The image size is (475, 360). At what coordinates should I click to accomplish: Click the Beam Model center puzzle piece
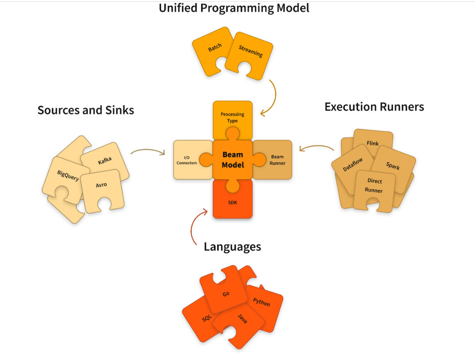click(x=233, y=160)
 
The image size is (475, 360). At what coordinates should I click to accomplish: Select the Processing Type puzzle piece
click(x=232, y=117)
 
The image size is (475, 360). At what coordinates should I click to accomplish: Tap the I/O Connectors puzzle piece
click(x=186, y=160)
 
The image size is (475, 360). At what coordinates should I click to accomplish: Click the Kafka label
click(x=105, y=160)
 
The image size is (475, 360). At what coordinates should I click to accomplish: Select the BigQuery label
click(x=68, y=175)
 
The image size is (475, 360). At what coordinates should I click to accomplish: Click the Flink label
click(x=372, y=143)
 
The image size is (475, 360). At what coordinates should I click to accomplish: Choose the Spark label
click(x=393, y=166)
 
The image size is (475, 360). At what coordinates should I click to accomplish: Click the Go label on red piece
click(x=226, y=294)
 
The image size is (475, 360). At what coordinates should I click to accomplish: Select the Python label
click(x=261, y=302)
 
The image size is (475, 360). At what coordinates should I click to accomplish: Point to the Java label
click(x=242, y=318)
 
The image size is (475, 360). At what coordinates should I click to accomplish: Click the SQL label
click(x=207, y=318)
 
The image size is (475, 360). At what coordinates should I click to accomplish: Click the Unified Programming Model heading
click(x=234, y=8)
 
